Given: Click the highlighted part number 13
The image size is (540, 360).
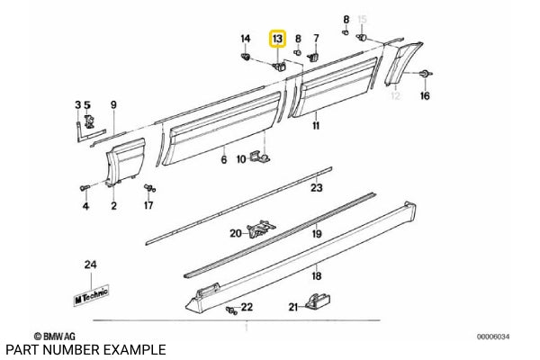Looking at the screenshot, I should (277, 39).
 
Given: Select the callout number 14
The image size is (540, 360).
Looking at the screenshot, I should (246, 38).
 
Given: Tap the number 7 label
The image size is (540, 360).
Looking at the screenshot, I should (316, 38).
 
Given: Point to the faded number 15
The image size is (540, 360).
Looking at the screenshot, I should (364, 19).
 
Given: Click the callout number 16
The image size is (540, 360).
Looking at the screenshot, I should (425, 95).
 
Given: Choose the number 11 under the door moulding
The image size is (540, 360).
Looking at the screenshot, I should (316, 127).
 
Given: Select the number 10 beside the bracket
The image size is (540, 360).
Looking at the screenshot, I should (241, 159).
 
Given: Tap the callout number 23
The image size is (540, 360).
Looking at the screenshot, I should (316, 188).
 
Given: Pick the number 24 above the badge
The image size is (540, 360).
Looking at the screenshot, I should (89, 264).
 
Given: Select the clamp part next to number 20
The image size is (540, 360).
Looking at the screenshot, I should (261, 231).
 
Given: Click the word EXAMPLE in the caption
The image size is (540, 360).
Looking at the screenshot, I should (135, 349).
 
